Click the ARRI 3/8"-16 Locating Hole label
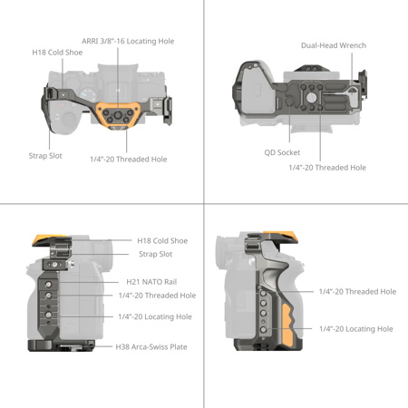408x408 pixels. (127, 41)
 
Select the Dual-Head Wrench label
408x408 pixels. (334, 45)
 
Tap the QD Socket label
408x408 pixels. (282, 152)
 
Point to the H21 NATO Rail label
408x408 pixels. (151, 281)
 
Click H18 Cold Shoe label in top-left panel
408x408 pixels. (58, 53)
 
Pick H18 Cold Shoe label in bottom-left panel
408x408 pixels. (162, 241)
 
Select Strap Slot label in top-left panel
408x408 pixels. (45, 155)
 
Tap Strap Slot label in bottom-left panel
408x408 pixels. (155, 254)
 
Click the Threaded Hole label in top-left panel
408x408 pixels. (128, 160)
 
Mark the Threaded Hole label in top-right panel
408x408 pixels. (327, 168)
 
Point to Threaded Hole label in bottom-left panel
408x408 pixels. (157, 296)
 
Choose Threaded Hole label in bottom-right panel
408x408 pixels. (357, 292)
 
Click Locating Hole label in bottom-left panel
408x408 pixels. (155, 316)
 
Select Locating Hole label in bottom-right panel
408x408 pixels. (355, 328)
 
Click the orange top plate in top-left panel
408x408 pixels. (117, 114)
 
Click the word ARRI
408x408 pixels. (92, 41)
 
